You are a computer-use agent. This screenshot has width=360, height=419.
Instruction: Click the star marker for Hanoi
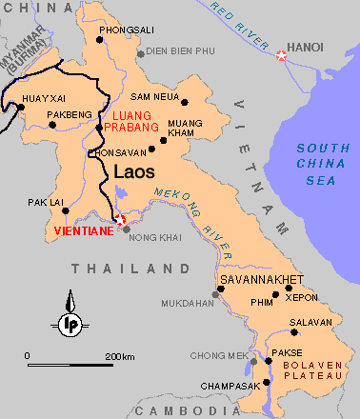(281, 56)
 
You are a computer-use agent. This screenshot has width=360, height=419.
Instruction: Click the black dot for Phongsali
(101, 40)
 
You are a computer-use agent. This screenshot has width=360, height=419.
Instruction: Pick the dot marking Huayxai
(20, 107)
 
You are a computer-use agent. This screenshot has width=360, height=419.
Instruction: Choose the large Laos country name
(134, 172)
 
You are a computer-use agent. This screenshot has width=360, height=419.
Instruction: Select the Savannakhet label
(260, 279)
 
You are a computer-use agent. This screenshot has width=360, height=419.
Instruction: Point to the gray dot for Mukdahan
(216, 294)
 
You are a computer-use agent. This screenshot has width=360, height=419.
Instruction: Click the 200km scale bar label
(120, 355)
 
